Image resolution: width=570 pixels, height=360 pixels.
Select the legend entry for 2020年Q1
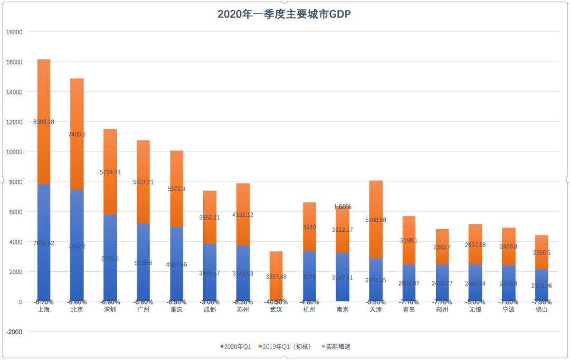point(236,346)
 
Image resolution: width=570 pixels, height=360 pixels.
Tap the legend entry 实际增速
point(336,346)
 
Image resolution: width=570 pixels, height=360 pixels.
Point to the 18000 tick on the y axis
point(14,32)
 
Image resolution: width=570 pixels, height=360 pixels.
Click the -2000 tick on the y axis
point(14,332)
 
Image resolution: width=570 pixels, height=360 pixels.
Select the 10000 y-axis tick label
point(14,152)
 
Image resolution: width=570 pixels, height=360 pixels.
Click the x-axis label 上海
point(44,309)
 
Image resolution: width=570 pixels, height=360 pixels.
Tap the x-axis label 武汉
point(276,309)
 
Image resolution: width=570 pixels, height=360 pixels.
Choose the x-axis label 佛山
point(542,309)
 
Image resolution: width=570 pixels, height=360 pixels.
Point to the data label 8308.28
point(44,121)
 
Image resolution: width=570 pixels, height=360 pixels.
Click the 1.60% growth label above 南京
point(343,206)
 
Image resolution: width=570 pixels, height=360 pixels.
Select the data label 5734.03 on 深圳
point(110,172)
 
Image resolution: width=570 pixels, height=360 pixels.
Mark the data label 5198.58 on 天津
point(376,220)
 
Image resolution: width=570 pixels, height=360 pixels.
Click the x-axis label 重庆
point(176,309)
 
